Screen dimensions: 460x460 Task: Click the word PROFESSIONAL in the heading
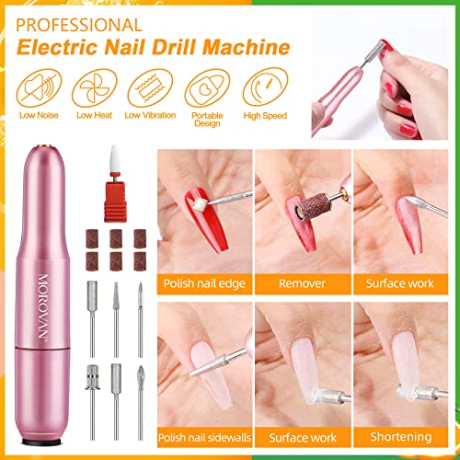[x=79, y=25]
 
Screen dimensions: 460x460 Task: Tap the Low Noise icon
[x=39, y=88]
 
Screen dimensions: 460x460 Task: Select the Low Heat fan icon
[x=95, y=88]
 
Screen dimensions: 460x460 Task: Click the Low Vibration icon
[x=150, y=88]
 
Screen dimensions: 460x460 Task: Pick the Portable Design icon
[x=207, y=88]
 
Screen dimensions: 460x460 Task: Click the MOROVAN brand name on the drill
[x=43, y=306]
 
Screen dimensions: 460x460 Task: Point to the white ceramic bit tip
[x=115, y=158]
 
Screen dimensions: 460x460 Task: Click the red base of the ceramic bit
[x=115, y=201]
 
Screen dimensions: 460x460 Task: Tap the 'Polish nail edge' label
[x=204, y=283]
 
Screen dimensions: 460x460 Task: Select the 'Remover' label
[x=302, y=283]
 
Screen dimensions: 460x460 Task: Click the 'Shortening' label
[x=401, y=437]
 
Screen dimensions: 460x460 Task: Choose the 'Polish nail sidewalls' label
[x=204, y=437]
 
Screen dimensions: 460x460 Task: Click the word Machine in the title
[x=247, y=47]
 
